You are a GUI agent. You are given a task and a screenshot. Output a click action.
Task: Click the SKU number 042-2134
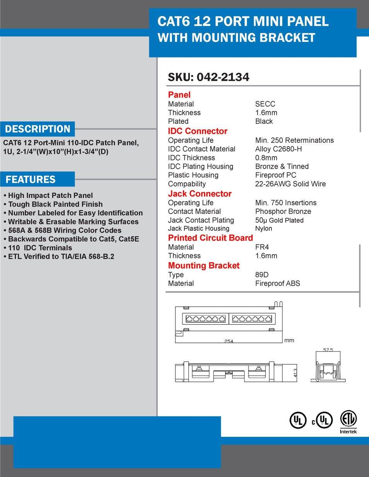pyautogui.click(x=223, y=77)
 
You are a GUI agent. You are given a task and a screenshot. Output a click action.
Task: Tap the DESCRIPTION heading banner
pyautogui.click(x=37, y=129)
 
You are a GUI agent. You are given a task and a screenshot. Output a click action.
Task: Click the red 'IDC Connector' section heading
pyautogui.click(x=197, y=131)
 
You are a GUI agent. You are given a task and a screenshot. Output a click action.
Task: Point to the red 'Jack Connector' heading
pyautogui.click(x=199, y=194)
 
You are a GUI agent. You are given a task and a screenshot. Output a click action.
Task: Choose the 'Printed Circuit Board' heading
pyautogui.click(x=210, y=238)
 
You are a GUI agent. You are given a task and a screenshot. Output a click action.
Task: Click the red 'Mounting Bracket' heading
pyautogui.click(x=204, y=266)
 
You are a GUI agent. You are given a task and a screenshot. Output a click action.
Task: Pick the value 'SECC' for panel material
pyautogui.click(x=265, y=104)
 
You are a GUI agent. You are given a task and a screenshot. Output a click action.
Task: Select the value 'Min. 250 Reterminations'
pyautogui.click(x=294, y=140)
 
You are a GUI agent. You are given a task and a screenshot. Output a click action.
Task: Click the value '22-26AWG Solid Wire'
pyautogui.click(x=290, y=184)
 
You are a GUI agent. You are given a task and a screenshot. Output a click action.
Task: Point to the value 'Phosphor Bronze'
pyautogui.click(x=283, y=211)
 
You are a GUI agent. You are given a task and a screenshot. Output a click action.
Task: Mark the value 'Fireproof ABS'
pyautogui.click(x=277, y=283)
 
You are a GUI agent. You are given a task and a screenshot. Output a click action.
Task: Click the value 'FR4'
pyautogui.click(x=262, y=247)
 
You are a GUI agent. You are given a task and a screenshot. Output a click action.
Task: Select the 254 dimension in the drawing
pyautogui.click(x=229, y=341)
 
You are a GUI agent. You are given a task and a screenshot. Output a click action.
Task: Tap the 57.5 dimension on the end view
pyautogui.click(x=328, y=350)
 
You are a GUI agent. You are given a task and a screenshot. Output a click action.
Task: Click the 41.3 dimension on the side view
pyautogui.click(x=295, y=373)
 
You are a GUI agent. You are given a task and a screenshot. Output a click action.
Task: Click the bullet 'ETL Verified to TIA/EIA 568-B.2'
pyautogui.click(x=61, y=256)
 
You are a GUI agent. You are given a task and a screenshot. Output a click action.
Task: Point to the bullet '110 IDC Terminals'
pyautogui.click(x=40, y=248)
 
